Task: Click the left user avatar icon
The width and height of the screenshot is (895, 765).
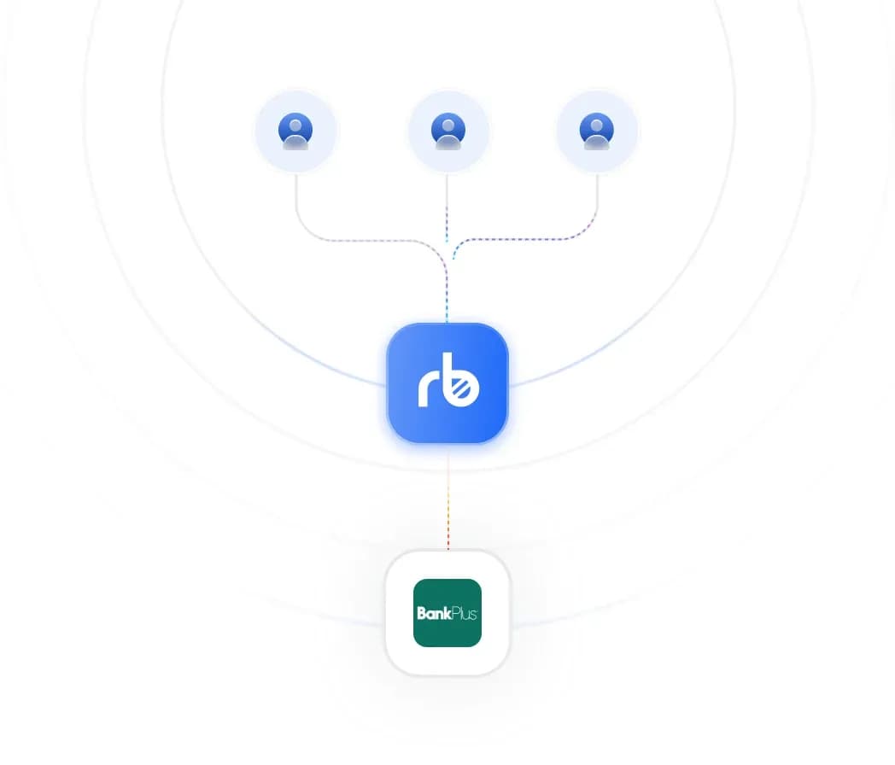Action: [295, 131]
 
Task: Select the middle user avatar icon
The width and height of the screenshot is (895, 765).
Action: [448, 131]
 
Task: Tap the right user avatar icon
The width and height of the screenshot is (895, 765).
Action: [596, 131]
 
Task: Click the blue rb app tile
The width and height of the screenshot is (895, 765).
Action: [447, 382]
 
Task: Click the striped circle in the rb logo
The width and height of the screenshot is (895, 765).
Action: [463, 389]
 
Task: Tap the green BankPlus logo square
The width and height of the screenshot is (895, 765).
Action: [447, 613]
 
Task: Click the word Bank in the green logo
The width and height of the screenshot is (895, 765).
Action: [434, 613]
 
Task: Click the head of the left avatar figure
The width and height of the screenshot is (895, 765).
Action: [295, 126]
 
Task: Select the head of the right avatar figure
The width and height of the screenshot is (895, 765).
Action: [596, 126]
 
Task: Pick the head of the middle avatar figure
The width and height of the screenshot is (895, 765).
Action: [448, 126]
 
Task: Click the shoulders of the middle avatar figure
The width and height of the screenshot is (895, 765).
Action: [448, 142]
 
